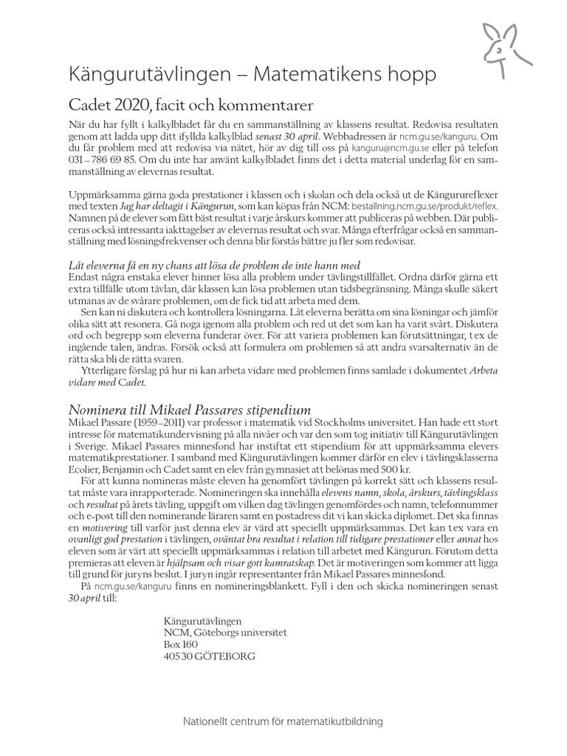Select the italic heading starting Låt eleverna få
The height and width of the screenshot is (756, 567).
pos(204,266)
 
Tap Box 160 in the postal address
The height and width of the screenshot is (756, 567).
pos(181,643)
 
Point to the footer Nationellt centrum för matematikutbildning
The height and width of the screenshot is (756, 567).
pos(283,724)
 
